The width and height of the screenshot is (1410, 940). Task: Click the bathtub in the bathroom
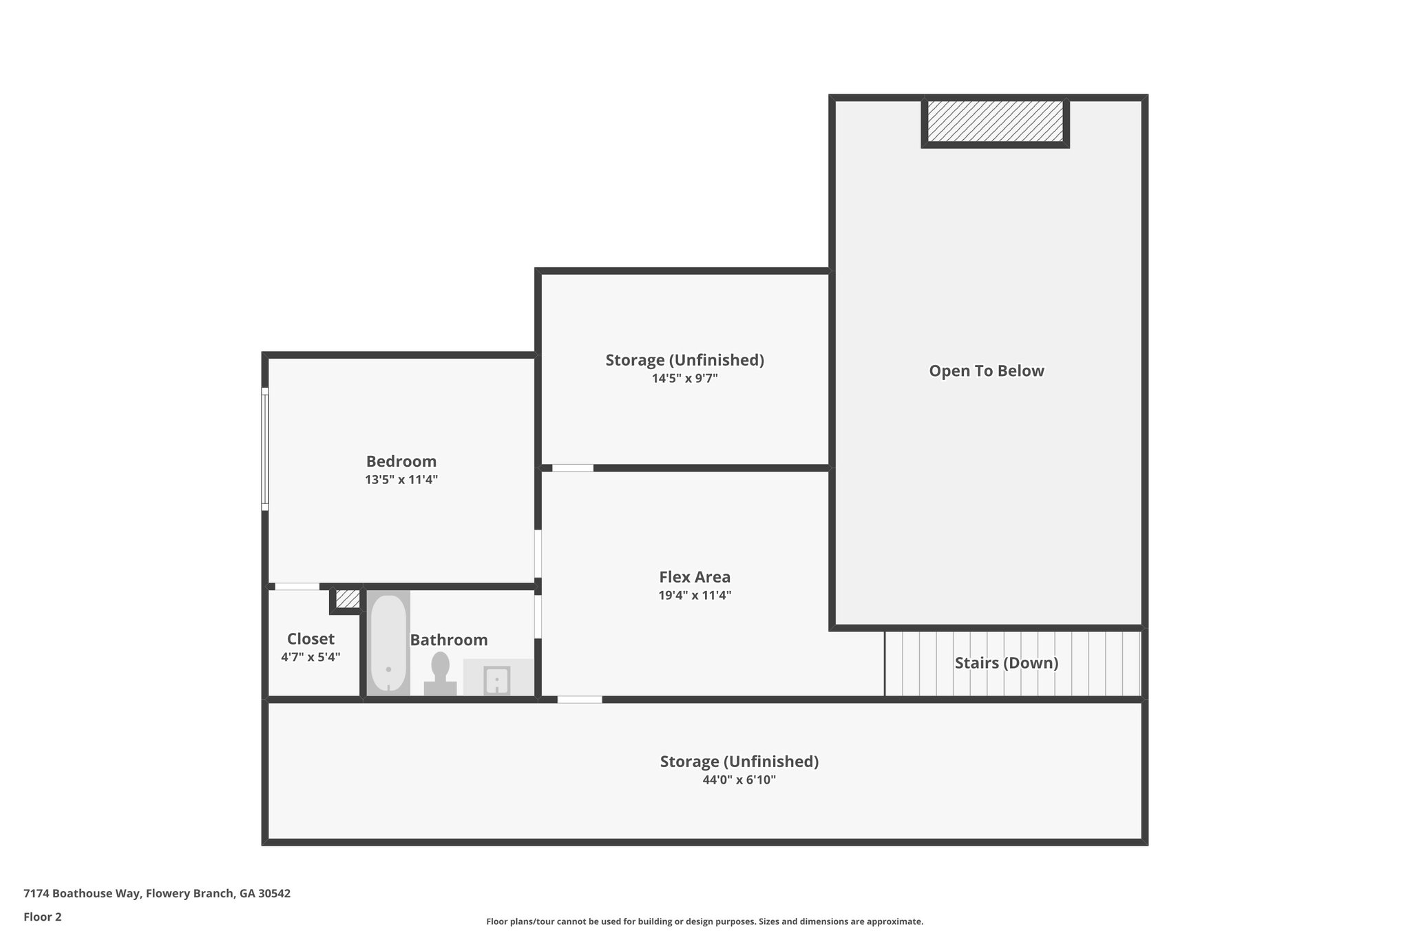(388, 643)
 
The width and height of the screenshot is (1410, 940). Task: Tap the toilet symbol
(440, 673)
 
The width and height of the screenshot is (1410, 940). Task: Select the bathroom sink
(496, 680)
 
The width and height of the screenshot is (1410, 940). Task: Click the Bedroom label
(401, 461)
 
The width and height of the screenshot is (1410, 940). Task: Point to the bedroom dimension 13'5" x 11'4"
(401, 480)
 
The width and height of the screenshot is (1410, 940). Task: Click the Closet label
(311, 639)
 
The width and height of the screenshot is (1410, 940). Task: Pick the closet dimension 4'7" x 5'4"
(311, 658)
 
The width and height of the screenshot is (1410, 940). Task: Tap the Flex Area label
(694, 577)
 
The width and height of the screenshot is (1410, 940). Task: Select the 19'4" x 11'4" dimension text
(694, 596)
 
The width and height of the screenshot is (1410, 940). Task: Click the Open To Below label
(986, 371)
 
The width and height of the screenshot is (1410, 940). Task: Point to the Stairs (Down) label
(1006, 663)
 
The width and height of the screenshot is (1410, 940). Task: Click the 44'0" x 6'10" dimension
(739, 780)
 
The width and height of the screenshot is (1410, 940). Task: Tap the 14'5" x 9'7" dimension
(684, 379)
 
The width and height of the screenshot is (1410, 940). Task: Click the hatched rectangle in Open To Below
(995, 121)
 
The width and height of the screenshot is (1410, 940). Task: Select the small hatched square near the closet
(347, 599)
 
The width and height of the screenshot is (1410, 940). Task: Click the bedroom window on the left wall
(264, 449)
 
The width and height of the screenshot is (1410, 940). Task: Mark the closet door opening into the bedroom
(297, 587)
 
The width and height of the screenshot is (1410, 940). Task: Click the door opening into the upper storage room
(572, 468)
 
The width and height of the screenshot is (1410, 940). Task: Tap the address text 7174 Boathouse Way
(157, 893)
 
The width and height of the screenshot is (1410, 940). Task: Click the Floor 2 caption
(43, 917)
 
